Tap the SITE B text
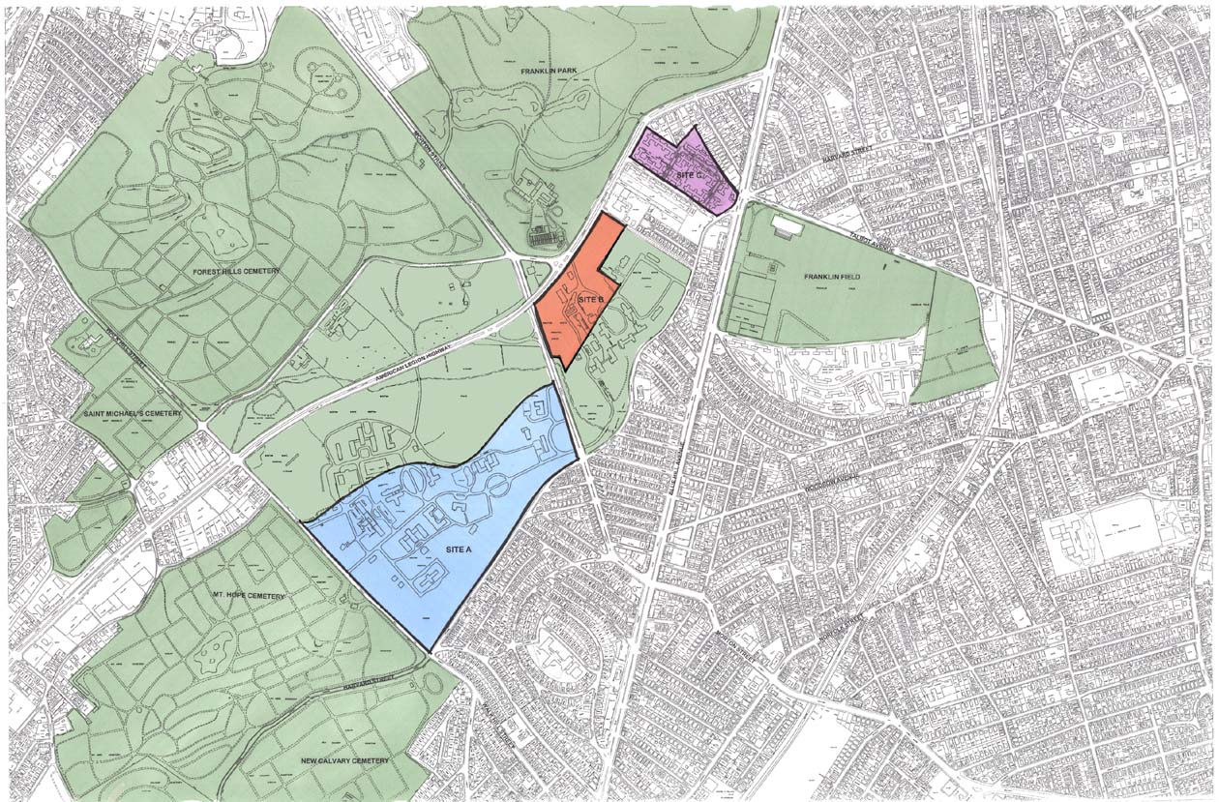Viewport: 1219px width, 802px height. click(591, 302)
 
